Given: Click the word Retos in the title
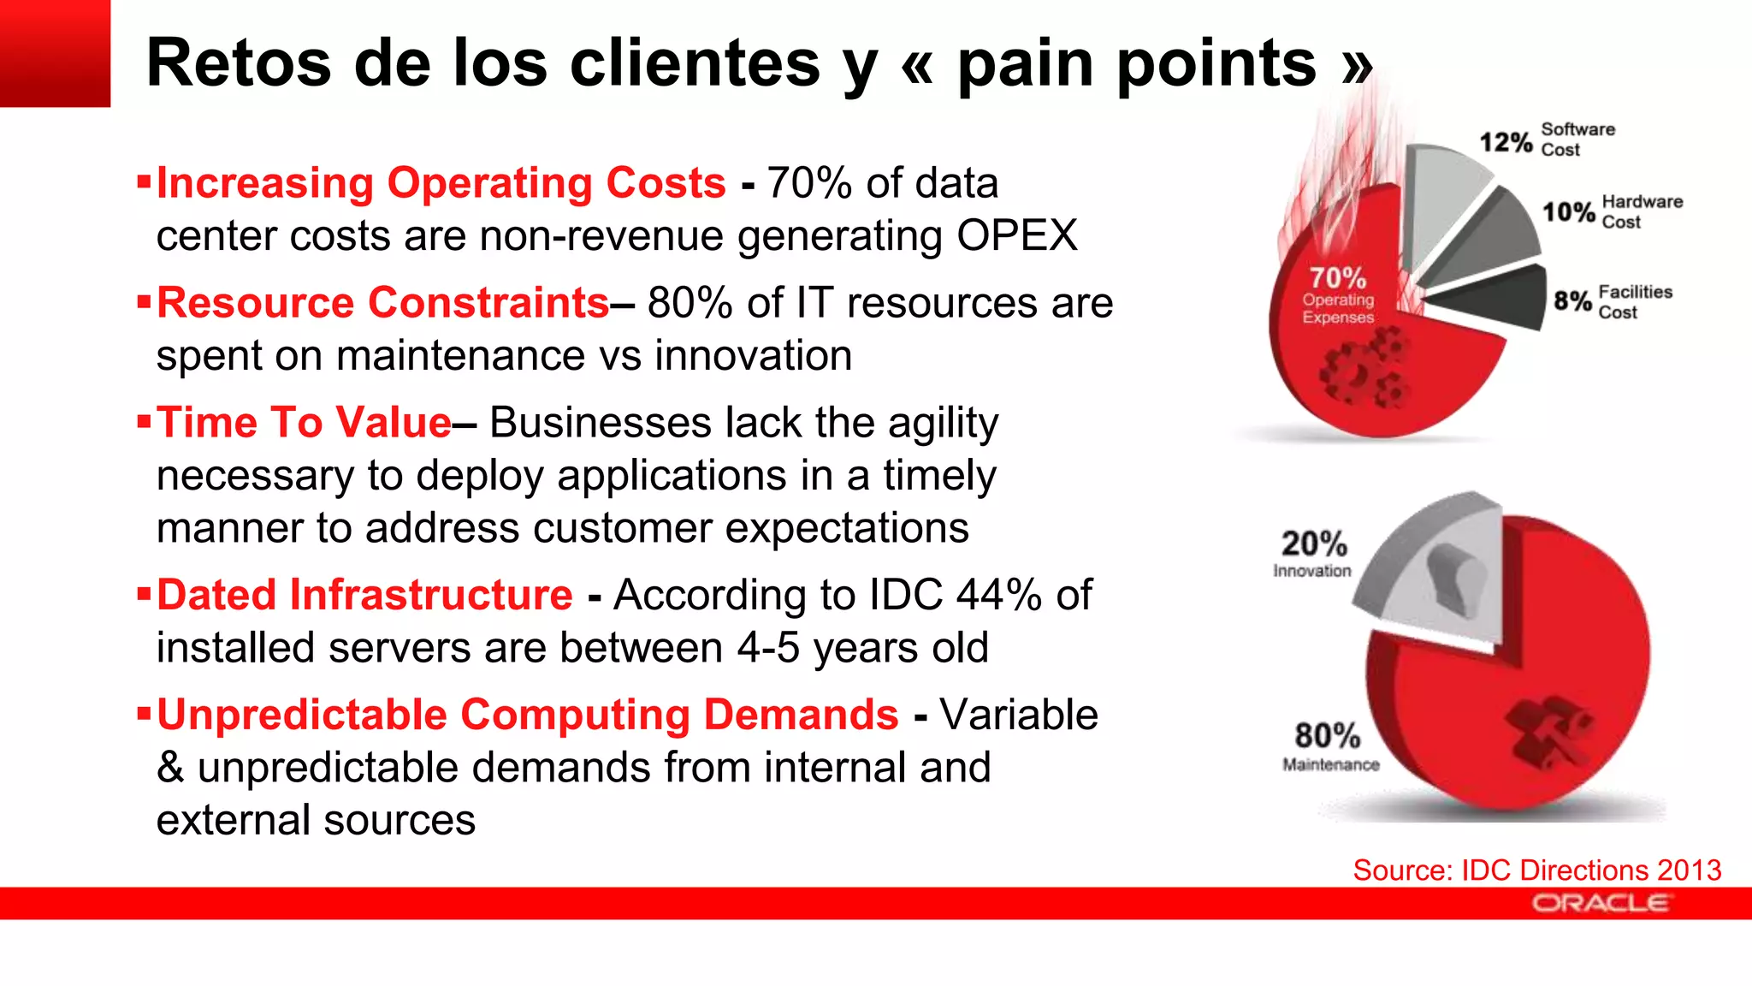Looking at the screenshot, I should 238,63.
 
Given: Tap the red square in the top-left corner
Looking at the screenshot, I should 55,53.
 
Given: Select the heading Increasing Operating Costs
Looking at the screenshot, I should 441,183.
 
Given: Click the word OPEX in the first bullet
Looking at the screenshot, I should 1017,235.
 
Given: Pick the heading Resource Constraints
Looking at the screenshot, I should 382,303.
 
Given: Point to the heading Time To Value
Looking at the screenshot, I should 304,423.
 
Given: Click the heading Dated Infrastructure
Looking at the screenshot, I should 364,595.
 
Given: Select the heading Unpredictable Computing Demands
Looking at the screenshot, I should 527,715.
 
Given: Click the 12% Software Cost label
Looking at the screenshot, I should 1547,140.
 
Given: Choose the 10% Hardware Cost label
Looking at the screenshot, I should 1611,211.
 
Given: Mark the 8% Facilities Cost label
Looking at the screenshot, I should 1612,301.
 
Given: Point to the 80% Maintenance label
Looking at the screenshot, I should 1329,745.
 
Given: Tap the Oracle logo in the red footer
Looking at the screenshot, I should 1601,903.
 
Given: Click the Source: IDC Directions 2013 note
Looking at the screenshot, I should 1536,870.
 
